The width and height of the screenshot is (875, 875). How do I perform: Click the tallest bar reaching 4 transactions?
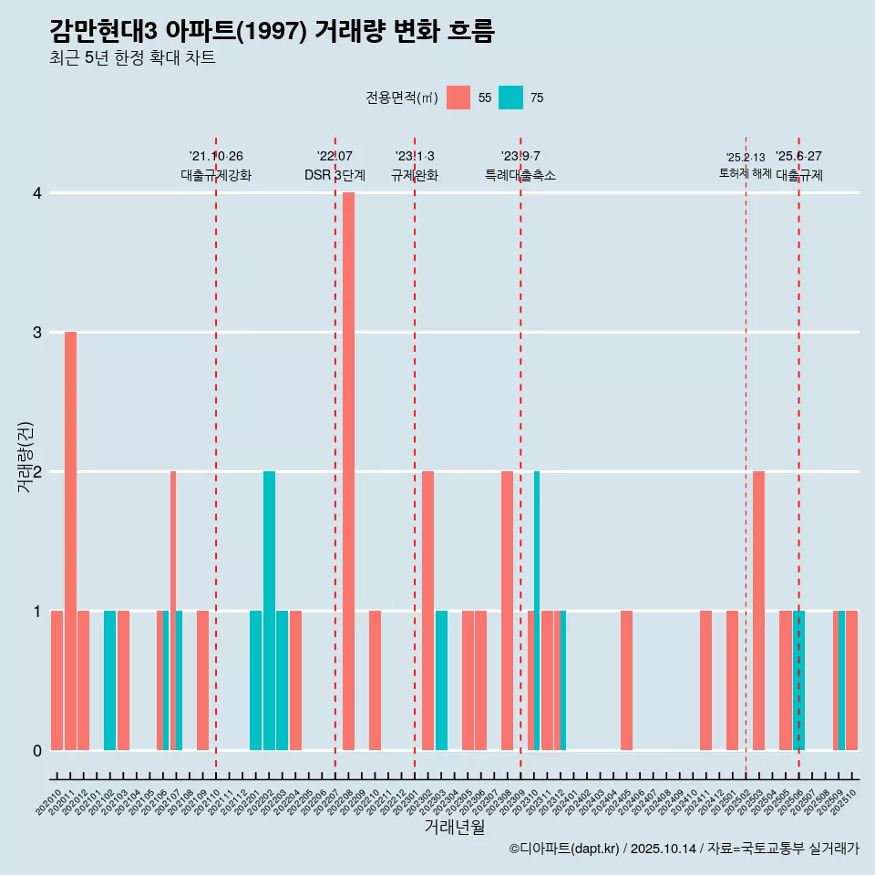click(348, 471)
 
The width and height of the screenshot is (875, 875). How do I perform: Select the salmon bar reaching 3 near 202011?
click(70, 540)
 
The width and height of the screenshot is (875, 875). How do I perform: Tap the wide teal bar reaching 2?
click(269, 611)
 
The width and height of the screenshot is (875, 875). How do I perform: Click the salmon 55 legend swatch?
click(458, 98)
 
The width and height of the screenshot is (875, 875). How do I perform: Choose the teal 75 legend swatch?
click(511, 98)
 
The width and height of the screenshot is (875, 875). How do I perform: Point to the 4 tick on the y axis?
click(37, 193)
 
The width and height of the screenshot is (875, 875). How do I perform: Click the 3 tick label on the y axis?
click(37, 333)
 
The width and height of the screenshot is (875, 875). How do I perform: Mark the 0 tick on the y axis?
click(37, 750)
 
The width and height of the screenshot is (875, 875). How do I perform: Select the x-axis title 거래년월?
click(454, 827)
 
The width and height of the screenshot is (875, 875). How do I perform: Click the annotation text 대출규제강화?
click(216, 175)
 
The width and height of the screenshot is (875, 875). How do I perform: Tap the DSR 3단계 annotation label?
click(335, 175)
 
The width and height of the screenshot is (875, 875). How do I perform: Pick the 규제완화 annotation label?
click(415, 175)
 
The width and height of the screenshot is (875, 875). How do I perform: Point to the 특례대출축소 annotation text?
click(520, 175)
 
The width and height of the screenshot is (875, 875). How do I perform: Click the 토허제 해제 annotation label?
click(746, 173)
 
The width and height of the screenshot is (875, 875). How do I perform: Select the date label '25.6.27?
click(798, 157)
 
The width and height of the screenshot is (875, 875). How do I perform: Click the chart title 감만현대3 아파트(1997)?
click(272, 32)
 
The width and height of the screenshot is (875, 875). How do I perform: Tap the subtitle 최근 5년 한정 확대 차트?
click(133, 58)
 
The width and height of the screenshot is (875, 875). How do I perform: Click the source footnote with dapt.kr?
click(684, 849)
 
